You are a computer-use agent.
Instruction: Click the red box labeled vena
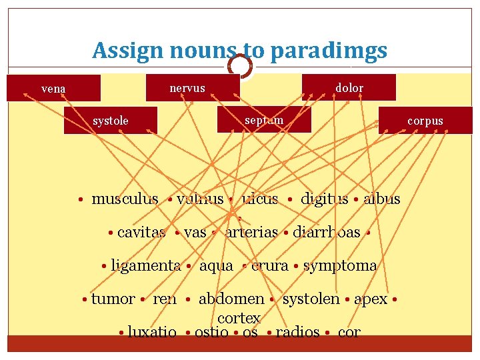pos(53,88)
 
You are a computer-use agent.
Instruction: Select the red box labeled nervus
pos(187,88)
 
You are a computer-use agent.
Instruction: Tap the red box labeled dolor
pos(349,87)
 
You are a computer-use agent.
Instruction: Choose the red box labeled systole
pos(111,121)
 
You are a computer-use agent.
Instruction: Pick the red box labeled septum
pos(264,120)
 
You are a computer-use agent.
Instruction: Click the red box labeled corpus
pos(425,121)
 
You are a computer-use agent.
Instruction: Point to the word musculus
pos(125,199)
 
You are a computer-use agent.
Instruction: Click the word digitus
pos(324,199)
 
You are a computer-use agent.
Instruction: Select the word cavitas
pos(141,232)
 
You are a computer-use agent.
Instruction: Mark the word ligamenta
pos(145,265)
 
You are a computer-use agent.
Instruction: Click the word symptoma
pos(340,265)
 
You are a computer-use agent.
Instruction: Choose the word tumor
pos(113,299)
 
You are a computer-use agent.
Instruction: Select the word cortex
pos(239,319)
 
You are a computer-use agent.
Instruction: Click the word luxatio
pos(152,332)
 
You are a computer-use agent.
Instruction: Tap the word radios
pos(297,332)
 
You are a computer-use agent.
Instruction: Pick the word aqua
pos(217,265)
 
